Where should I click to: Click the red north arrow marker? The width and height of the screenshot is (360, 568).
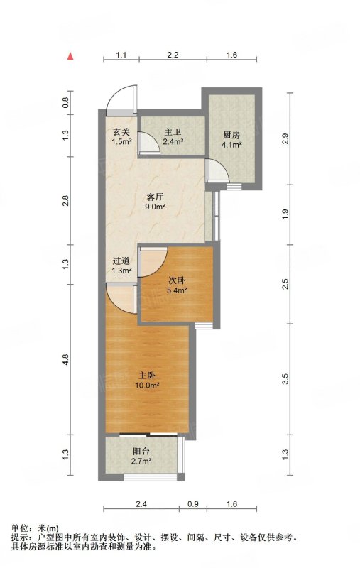pyautogui.click(x=71, y=56)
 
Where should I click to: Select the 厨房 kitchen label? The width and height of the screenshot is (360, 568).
pyautogui.click(x=231, y=136)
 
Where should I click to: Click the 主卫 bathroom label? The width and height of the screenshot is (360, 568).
pyautogui.click(x=173, y=133)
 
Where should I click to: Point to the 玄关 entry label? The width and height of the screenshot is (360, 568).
pyautogui.click(x=121, y=133)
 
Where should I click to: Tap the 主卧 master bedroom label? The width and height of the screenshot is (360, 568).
pyautogui.click(x=148, y=376)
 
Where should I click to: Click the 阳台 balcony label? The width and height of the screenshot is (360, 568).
pyautogui.click(x=141, y=452)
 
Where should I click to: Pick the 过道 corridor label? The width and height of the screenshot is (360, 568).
pyautogui.click(x=121, y=261)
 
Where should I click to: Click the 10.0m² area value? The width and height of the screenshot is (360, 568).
pyautogui.click(x=148, y=386)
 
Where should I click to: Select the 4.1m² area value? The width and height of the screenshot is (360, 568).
pyautogui.click(x=231, y=145)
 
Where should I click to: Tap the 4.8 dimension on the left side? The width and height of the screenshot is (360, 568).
pyautogui.click(x=65, y=359)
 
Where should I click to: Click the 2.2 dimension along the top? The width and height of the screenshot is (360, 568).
pyautogui.click(x=173, y=55)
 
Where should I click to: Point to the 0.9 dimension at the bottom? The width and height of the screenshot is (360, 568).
pyautogui.click(x=193, y=504)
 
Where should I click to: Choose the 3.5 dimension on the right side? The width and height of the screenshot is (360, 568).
pyautogui.click(x=285, y=379)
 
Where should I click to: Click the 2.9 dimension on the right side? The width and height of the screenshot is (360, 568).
pyautogui.click(x=285, y=138)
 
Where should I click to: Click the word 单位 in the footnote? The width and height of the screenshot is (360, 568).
pyautogui.click(x=20, y=528)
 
